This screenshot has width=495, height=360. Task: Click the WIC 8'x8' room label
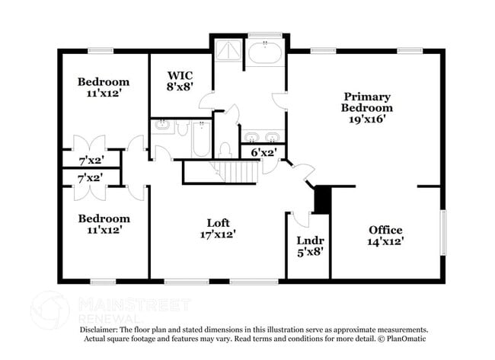coord(180,81)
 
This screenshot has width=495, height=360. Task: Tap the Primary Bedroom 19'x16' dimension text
coord(367,119)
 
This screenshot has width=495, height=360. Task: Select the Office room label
coord(385,230)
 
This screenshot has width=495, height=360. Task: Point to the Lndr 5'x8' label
coord(310,247)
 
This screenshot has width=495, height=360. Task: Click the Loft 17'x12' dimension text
coord(218,234)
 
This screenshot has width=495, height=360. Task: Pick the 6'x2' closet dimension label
coord(264,153)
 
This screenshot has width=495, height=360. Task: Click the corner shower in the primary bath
coord(228,49)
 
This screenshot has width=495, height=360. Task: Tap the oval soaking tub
coord(265,53)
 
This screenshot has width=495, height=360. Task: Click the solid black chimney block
coord(322,200)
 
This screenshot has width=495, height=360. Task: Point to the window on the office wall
coord(443,233)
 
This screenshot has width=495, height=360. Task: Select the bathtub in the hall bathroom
coord(201,139)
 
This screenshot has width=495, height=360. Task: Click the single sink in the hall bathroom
coord(162,126)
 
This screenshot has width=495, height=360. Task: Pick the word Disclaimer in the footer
coord(98,330)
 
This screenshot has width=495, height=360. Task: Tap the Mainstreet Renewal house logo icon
coord(49,311)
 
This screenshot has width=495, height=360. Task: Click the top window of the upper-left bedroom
coord(101,51)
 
